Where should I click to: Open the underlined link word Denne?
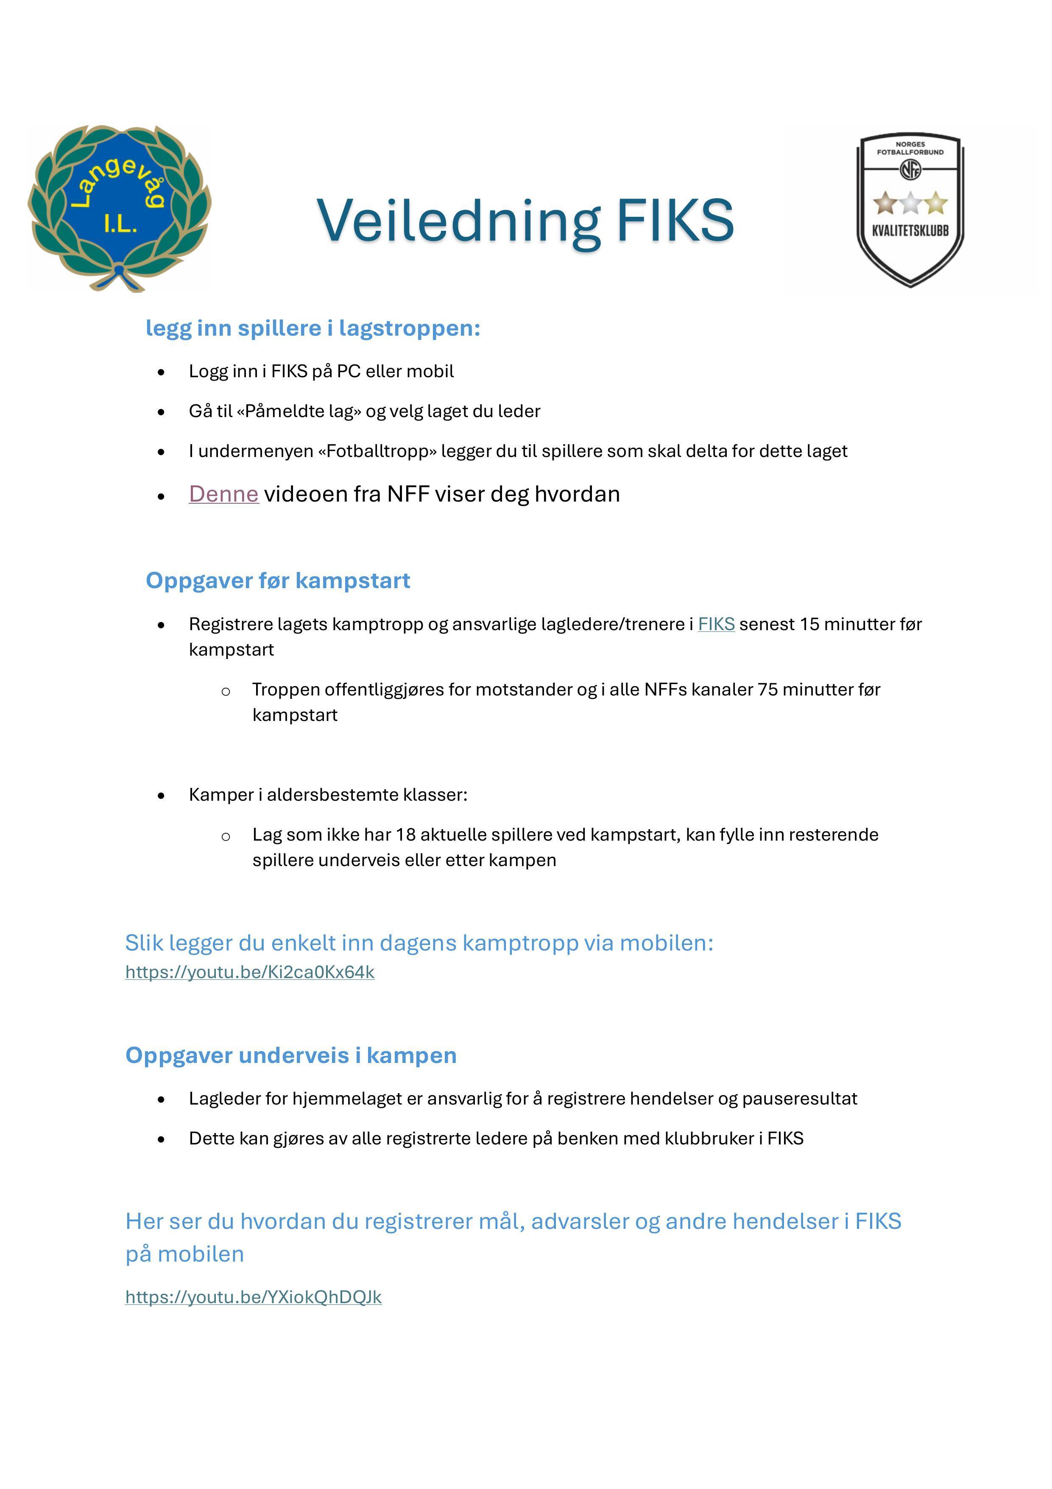(x=223, y=494)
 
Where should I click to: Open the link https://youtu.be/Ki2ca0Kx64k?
(x=250, y=972)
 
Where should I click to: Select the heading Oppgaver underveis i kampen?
(x=291, y=1055)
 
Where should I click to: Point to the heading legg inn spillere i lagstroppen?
(x=313, y=328)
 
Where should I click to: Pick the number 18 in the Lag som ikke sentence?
(x=406, y=835)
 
